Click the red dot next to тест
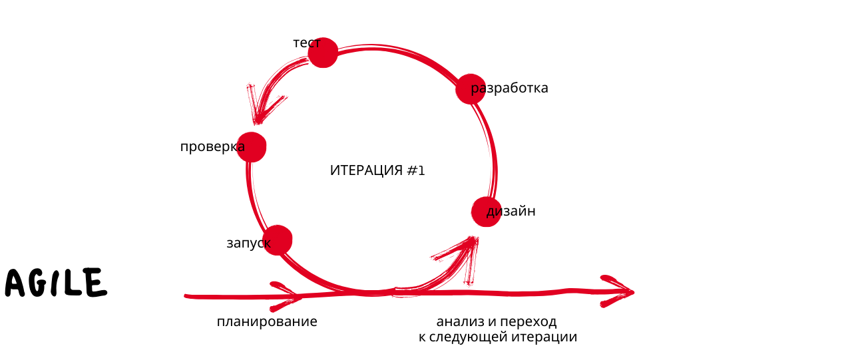click(x=323, y=53)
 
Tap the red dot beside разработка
click(x=471, y=89)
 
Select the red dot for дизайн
click(x=487, y=212)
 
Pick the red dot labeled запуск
click(x=278, y=240)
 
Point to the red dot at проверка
click(x=251, y=147)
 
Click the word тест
click(x=307, y=43)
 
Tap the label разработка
click(x=509, y=89)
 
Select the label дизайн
click(x=511, y=211)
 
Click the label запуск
click(x=249, y=244)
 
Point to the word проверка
click(x=212, y=147)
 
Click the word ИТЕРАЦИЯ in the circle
click(x=366, y=170)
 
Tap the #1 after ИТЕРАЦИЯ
click(x=416, y=170)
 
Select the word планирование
click(x=267, y=322)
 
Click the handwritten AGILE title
click(x=56, y=283)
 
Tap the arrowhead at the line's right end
click(x=617, y=291)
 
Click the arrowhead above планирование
click(x=287, y=296)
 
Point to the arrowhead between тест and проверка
click(x=264, y=104)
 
